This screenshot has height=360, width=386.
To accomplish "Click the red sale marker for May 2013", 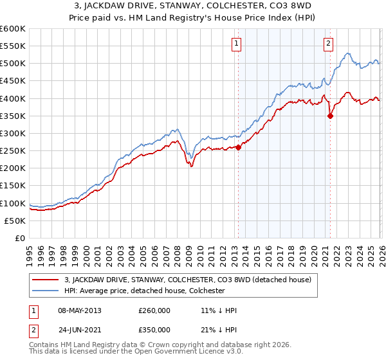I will (x=238, y=147).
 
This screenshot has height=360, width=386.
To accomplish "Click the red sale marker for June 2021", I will (x=330, y=116).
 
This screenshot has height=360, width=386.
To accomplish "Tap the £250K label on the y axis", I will (x=13, y=151).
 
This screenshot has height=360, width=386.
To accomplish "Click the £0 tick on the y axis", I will (x=21, y=238).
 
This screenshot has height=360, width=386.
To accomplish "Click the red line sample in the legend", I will (x=46, y=280).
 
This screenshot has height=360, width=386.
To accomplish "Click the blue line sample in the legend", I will (x=46, y=291).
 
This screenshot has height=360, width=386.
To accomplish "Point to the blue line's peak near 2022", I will (x=347, y=53).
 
